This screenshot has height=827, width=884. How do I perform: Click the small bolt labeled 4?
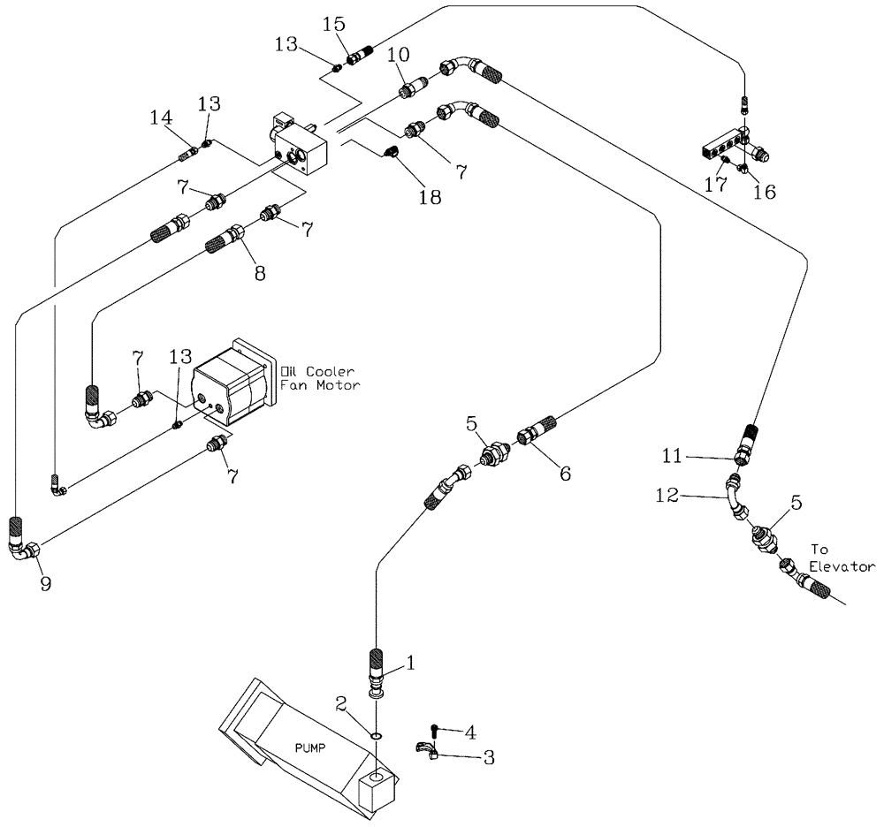433,729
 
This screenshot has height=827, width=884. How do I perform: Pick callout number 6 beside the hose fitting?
563,474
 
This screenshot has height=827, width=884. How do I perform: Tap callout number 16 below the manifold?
765,191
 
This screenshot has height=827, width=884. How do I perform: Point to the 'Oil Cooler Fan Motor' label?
319,376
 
